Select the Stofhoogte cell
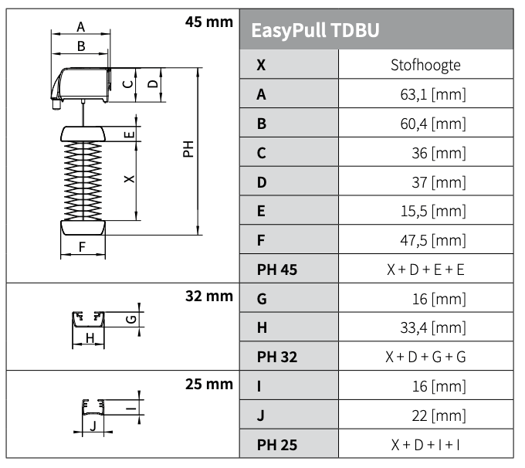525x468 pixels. coord(425,65)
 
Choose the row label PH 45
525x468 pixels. coord(277,270)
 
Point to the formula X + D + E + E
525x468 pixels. coord(425,270)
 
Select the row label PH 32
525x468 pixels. coord(277,357)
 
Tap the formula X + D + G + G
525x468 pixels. coord(425,357)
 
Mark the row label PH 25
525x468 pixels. coord(277,445)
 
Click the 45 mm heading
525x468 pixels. coord(209,21)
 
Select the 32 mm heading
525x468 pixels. coord(209,294)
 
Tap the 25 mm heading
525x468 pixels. coord(209,382)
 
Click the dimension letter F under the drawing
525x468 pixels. coord(82,248)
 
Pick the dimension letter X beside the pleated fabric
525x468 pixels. coord(128,179)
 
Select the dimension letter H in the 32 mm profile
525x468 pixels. coord(90,337)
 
